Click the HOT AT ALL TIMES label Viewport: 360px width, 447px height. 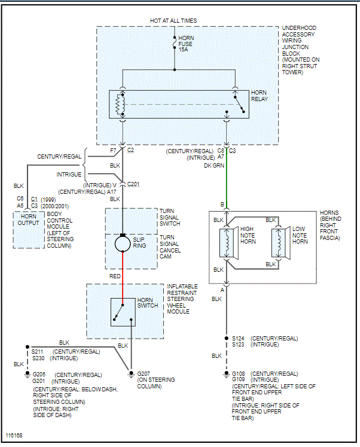click(x=173, y=21)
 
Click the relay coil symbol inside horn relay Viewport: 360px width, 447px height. click(x=119, y=105)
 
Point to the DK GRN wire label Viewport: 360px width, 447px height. click(x=213, y=165)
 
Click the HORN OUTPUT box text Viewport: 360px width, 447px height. click(x=28, y=219)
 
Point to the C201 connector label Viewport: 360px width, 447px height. click(x=133, y=184)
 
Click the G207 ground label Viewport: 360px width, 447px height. click(x=144, y=373)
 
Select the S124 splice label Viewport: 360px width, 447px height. click(x=238, y=339)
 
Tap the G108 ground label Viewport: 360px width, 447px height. click(x=238, y=373)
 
